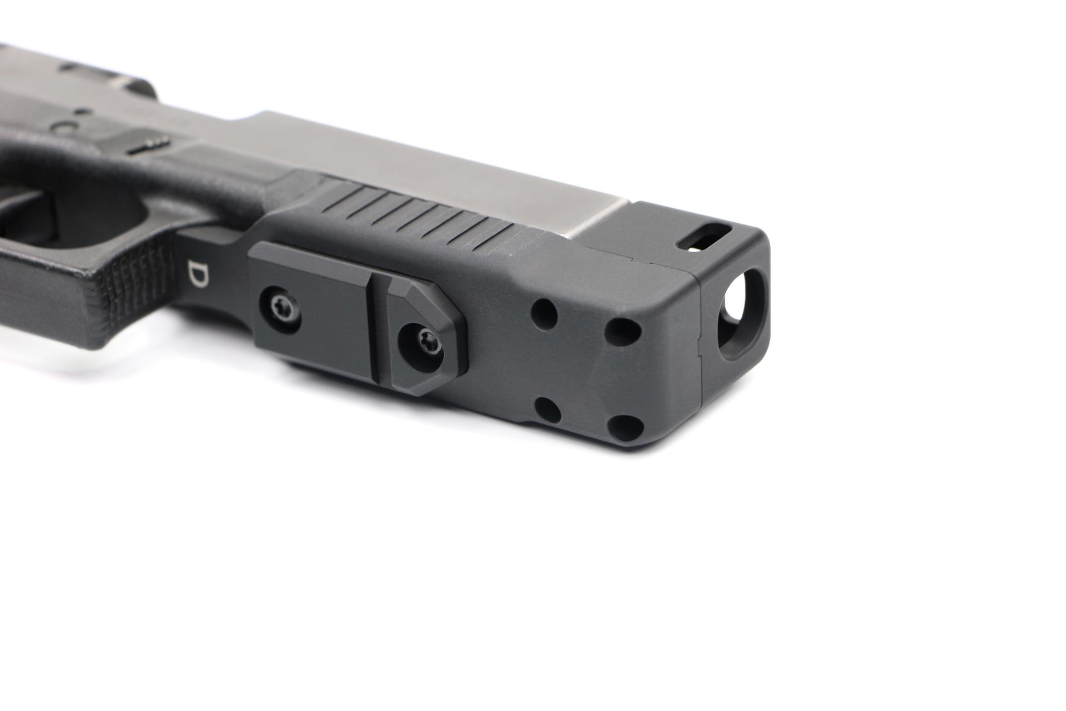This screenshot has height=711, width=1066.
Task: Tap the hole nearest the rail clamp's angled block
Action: (544, 313)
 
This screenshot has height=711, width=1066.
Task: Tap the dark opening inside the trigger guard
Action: (33, 222)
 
